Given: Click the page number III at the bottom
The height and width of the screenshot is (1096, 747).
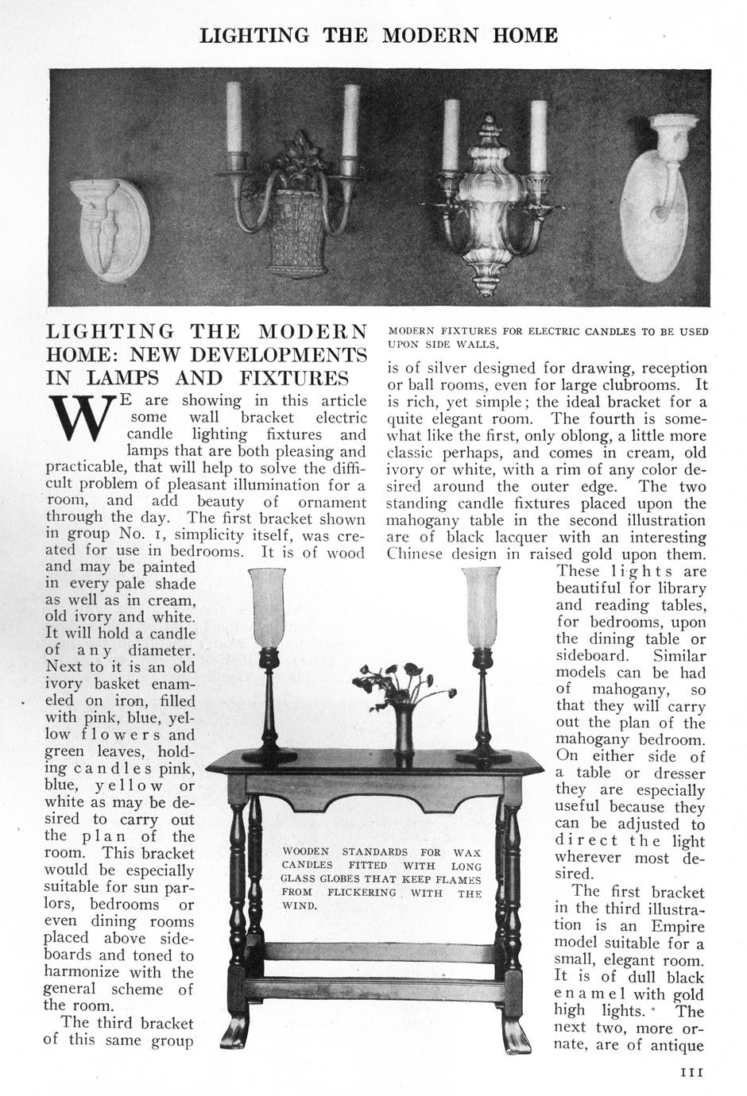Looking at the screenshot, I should coord(693,1071).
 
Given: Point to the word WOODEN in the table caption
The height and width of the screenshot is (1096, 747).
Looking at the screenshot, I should coord(305,852).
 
